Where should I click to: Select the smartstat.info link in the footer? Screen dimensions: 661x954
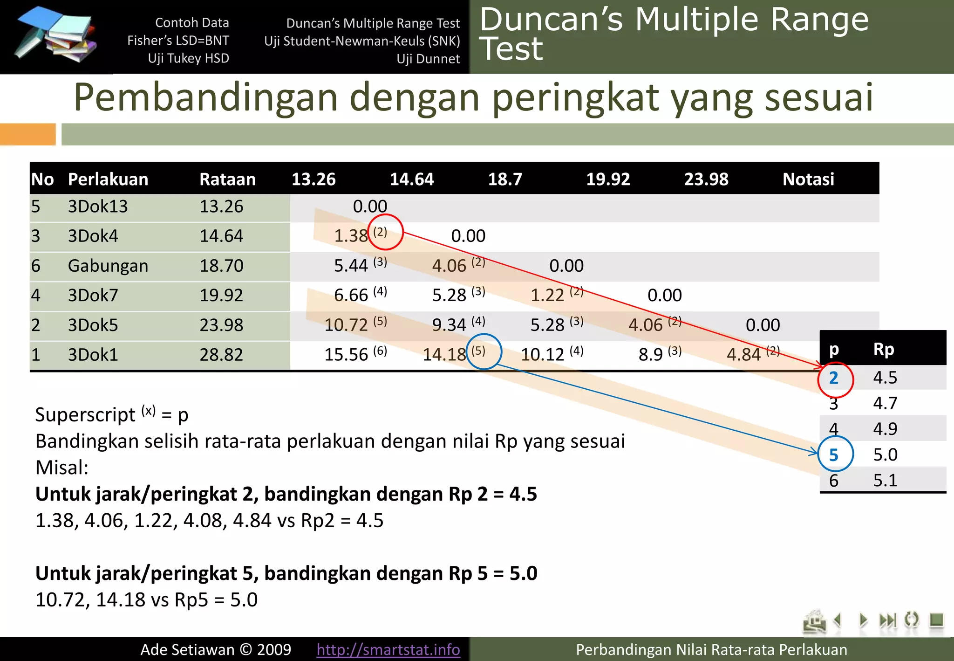pos(388,649)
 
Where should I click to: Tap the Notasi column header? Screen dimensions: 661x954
pos(808,179)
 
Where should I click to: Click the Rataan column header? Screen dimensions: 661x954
pos(227,179)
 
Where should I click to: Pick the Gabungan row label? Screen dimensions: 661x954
pos(108,266)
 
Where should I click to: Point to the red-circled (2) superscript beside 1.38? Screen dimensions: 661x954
pos(380,232)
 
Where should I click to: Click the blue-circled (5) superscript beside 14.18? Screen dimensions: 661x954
pos(478,351)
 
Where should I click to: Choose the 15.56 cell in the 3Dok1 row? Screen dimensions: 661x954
pos(346,355)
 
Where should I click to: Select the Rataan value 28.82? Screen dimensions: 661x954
pos(221,355)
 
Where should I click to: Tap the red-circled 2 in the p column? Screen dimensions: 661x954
pos(834,378)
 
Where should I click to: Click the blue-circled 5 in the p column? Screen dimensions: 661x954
pos(834,454)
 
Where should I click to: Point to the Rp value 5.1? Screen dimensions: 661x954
pos(885,480)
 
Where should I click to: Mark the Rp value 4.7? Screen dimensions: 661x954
pos(885,403)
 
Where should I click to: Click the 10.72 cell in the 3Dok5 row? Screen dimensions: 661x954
pos(346,325)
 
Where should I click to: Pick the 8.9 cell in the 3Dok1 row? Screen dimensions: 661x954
pos(651,355)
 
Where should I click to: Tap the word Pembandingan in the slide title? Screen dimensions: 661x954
pos(205,97)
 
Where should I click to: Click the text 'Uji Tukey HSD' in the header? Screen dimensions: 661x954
pos(188,58)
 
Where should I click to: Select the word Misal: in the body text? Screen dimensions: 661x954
pos(62,468)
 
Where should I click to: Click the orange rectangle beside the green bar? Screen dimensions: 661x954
pos(27,134)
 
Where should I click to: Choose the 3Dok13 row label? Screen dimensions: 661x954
pos(98,207)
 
